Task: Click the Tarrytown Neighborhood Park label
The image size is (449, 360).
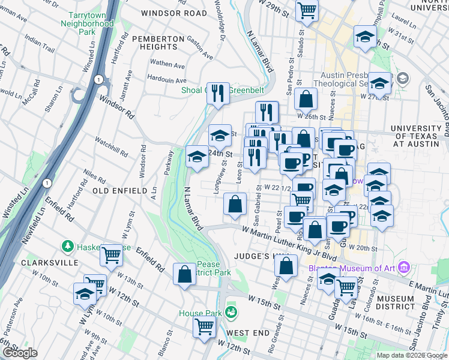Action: pos(87,23)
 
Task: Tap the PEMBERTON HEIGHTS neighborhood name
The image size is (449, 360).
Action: pos(158,44)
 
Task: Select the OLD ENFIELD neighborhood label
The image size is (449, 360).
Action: pos(120,190)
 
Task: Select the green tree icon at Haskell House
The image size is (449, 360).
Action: pos(68,247)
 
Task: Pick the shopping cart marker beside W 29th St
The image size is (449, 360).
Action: pos(307,10)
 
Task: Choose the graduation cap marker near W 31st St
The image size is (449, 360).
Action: pos(365,36)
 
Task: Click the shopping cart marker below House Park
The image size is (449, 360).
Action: pos(205,328)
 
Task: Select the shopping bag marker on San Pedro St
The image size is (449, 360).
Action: pos(306,98)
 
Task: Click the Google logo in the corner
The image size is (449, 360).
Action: pos(19,353)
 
